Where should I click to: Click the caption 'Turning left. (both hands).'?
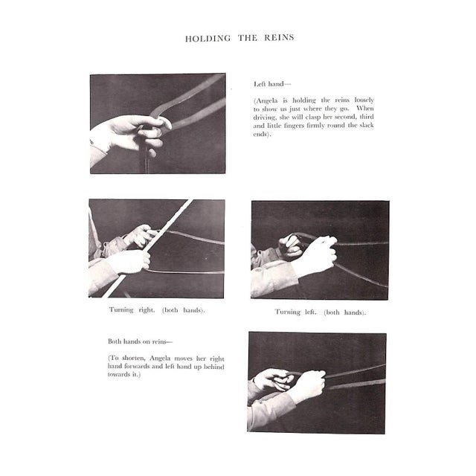point(321,312)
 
